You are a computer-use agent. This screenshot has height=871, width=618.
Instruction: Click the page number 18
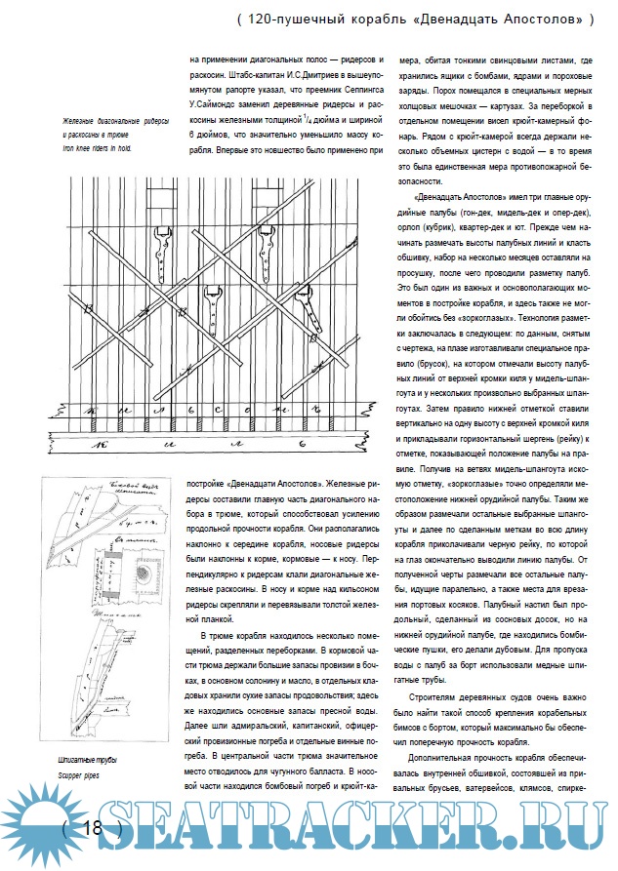tap(95, 828)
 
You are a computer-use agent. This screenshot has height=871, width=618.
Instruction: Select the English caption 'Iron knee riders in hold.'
tap(97, 148)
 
